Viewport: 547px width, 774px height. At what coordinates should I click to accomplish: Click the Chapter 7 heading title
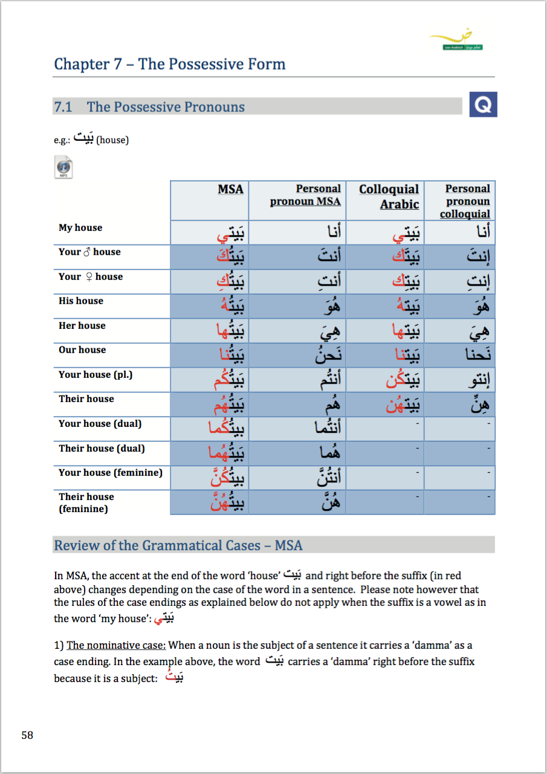tap(169, 64)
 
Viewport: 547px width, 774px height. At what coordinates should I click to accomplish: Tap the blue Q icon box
tap(483, 105)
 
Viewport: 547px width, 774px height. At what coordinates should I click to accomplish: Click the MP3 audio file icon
tap(63, 167)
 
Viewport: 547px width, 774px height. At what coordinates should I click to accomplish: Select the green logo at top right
tap(456, 41)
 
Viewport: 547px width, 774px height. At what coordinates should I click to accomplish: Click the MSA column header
tap(230, 190)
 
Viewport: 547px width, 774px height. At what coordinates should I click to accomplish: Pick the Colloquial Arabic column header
tap(389, 197)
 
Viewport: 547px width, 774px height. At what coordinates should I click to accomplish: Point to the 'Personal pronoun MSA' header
tap(305, 195)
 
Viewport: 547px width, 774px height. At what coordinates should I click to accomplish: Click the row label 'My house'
tap(80, 228)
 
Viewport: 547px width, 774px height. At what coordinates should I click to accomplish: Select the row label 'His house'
tap(81, 301)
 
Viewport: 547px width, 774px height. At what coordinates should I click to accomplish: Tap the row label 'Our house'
tap(82, 350)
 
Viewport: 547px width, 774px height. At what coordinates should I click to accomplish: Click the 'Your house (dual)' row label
tap(100, 423)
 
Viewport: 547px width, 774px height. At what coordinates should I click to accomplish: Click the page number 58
tap(27, 735)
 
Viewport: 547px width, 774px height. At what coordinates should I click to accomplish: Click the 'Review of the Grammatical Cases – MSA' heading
tap(178, 545)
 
